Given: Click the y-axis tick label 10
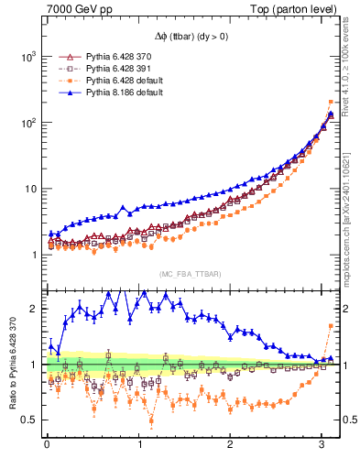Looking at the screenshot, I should click(x=27, y=189).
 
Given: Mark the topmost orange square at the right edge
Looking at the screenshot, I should click(x=331, y=103).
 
